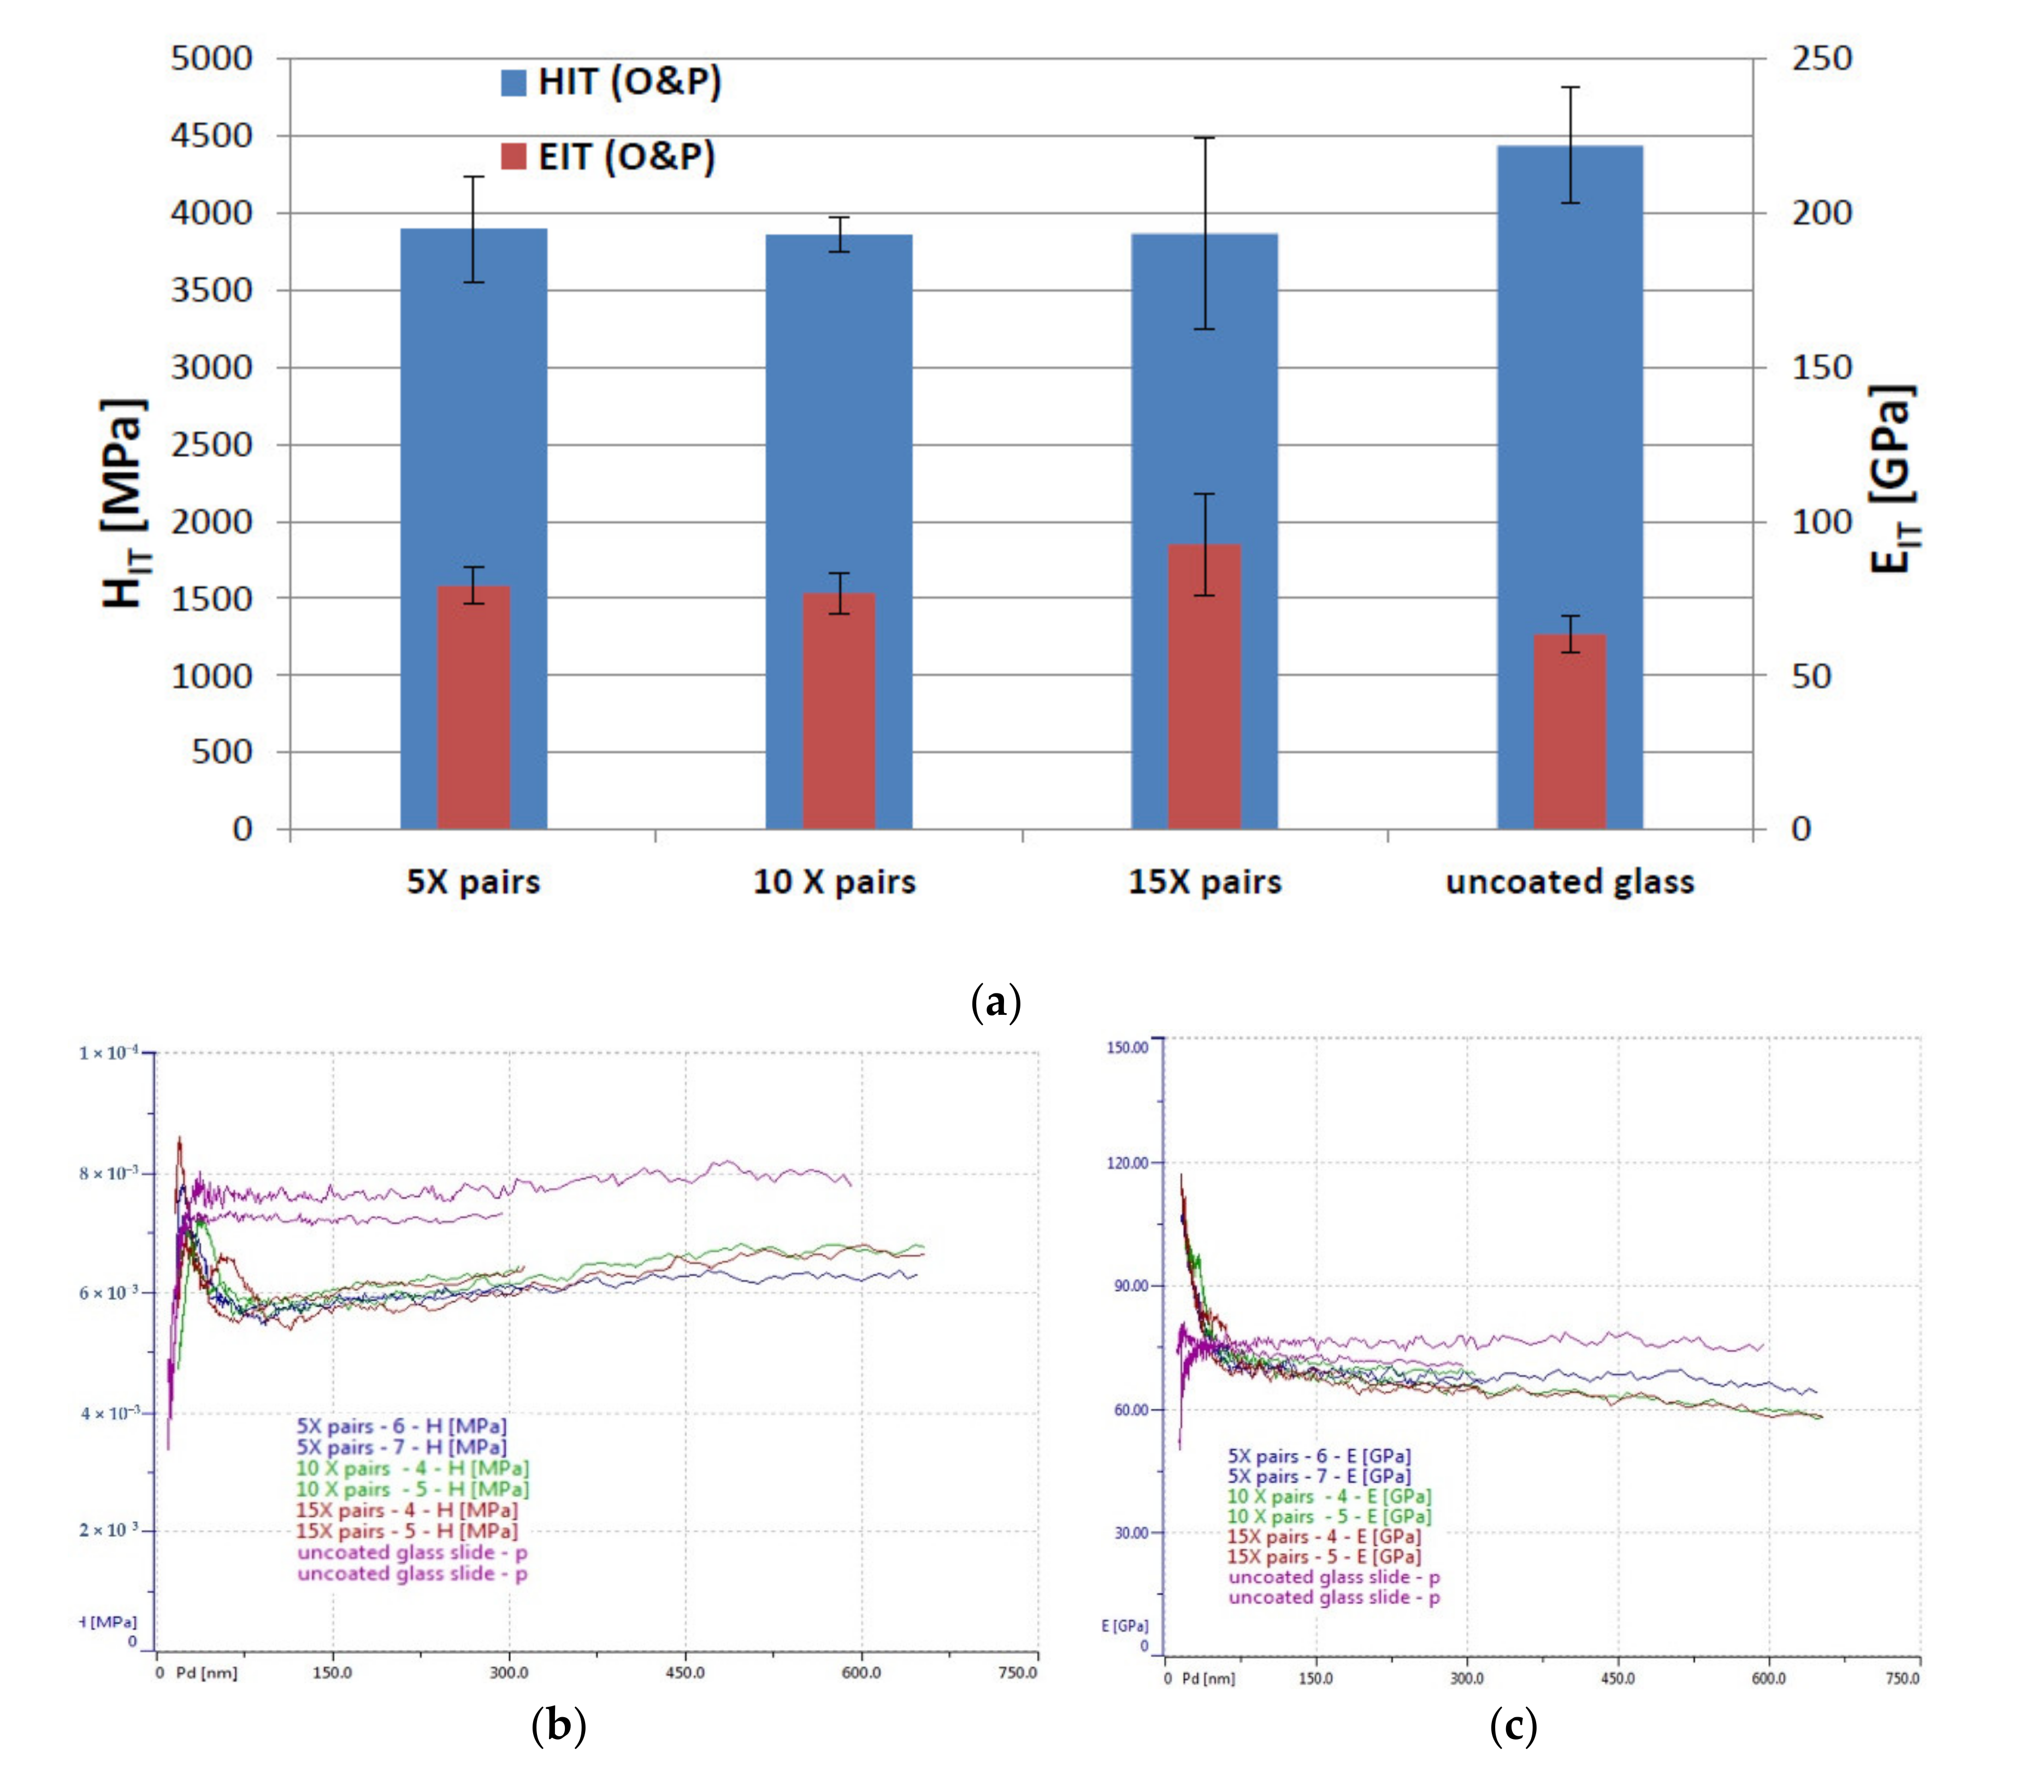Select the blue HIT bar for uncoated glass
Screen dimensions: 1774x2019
point(1569,395)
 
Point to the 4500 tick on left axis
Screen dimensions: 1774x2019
point(211,137)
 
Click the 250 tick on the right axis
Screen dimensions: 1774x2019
point(1821,58)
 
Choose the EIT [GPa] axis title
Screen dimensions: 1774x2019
point(1893,479)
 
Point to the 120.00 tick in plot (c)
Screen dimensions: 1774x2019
point(1127,1163)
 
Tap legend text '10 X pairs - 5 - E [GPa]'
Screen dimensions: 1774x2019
point(1329,1516)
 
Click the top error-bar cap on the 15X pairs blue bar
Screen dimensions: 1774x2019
point(1204,138)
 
